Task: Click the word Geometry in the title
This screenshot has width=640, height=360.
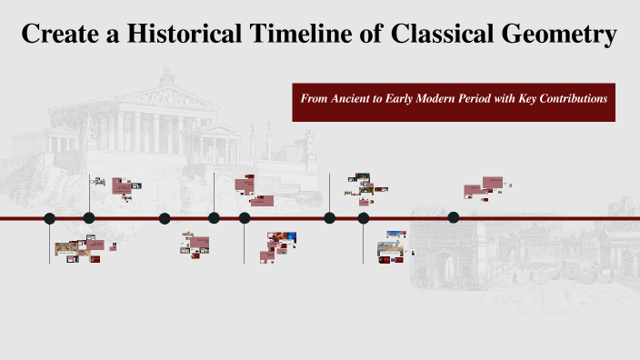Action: point(564,35)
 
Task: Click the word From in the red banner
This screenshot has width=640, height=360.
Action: point(313,97)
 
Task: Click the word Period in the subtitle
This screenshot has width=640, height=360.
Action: point(485,97)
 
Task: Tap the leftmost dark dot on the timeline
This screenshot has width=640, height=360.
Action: point(50,218)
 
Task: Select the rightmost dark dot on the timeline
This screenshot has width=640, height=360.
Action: point(454,217)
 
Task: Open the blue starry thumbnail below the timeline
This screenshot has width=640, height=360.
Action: point(288,237)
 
